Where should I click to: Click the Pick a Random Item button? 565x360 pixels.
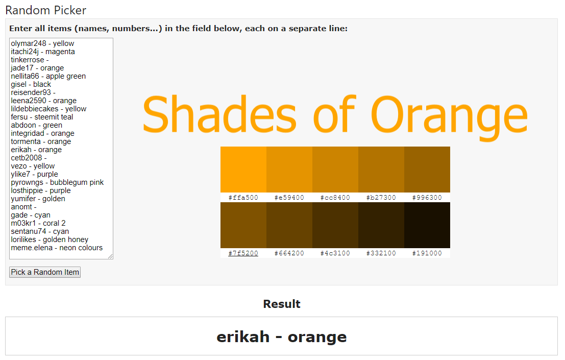pyautogui.click(x=45, y=272)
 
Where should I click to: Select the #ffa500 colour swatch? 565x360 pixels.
pyautogui.click(x=243, y=170)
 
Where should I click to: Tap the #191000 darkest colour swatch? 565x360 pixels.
pyautogui.click(x=427, y=225)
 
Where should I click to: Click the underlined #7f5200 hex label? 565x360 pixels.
pyautogui.click(x=243, y=253)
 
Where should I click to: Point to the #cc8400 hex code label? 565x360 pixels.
pyautogui.click(x=335, y=198)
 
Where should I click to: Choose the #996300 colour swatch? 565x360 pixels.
pyautogui.click(x=427, y=170)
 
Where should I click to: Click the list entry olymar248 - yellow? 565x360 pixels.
pyautogui.click(x=42, y=43)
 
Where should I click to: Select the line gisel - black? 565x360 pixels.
pyautogui.click(x=31, y=84)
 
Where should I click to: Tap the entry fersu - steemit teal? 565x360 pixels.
pyautogui.click(x=42, y=117)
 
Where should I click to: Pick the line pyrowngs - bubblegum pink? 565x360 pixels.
pyautogui.click(x=57, y=182)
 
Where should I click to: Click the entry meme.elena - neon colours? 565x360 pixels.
pyautogui.click(x=57, y=248)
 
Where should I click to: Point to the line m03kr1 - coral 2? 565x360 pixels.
pyautogui.click(x=38, y=224)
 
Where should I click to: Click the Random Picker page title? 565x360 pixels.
pyautogui.click(x=46, y=10)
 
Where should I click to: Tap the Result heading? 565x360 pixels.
pyautogui.click(x=282, y=304)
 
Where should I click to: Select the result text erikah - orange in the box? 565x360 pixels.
pyautogui.click(x=282, y=338)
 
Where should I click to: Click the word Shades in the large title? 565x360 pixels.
pyautogui.click(x=220, y=113)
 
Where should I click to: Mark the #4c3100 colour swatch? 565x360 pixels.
pyautogui.click(x=335, y=225)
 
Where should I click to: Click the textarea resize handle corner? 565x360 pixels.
pyautogui.click(x=110, y=256)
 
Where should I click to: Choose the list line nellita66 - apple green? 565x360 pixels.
pyautogui.click(x=48, y=77)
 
